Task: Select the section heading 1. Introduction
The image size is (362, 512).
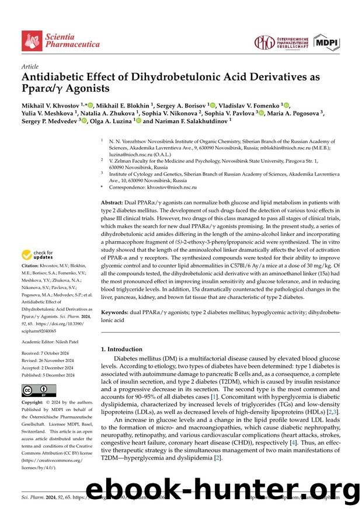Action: pyautogui.click(x=121, y=349)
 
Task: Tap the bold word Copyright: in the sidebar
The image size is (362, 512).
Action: pyautogui.click(x=33, y=403)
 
